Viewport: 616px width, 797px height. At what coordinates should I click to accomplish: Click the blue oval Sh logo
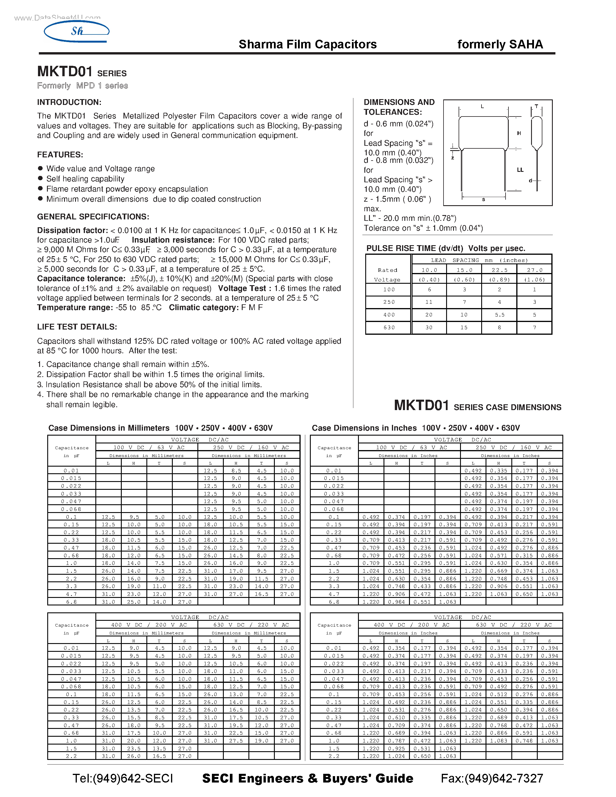(x=77, y=31)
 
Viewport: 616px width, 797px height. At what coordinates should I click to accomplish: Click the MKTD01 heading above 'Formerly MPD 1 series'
(x=65, y=72)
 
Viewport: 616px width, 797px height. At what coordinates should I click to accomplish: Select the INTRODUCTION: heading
(x=69, y=102)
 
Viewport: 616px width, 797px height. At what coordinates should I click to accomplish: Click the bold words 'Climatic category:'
(x=203, y=307)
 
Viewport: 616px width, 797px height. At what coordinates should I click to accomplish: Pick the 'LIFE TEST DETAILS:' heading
(x=77, y=327)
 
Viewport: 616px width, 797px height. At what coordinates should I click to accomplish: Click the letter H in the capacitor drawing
(x=519, y=133)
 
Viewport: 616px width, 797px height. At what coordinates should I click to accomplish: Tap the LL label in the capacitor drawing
(x=520, y=170)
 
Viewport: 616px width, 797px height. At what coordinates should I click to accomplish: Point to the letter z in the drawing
(x=453, y=158)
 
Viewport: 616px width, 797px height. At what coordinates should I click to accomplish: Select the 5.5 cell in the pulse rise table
(x=499, y=314)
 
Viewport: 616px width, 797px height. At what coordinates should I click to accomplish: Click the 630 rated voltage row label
(x=389, y=327)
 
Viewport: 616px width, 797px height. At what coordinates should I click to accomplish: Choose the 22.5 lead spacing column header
(x=499, y=270)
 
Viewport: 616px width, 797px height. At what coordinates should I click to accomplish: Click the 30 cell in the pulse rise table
(x=429, y=327)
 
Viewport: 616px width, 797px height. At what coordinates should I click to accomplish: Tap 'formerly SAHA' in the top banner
(x=500, y=44)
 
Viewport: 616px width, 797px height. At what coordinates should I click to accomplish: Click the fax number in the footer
(x=492, y=778)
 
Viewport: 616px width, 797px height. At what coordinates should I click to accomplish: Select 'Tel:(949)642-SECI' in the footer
(x=123, y=778)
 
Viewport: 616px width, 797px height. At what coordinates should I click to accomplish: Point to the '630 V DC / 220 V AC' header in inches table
(x=511, y=625)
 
